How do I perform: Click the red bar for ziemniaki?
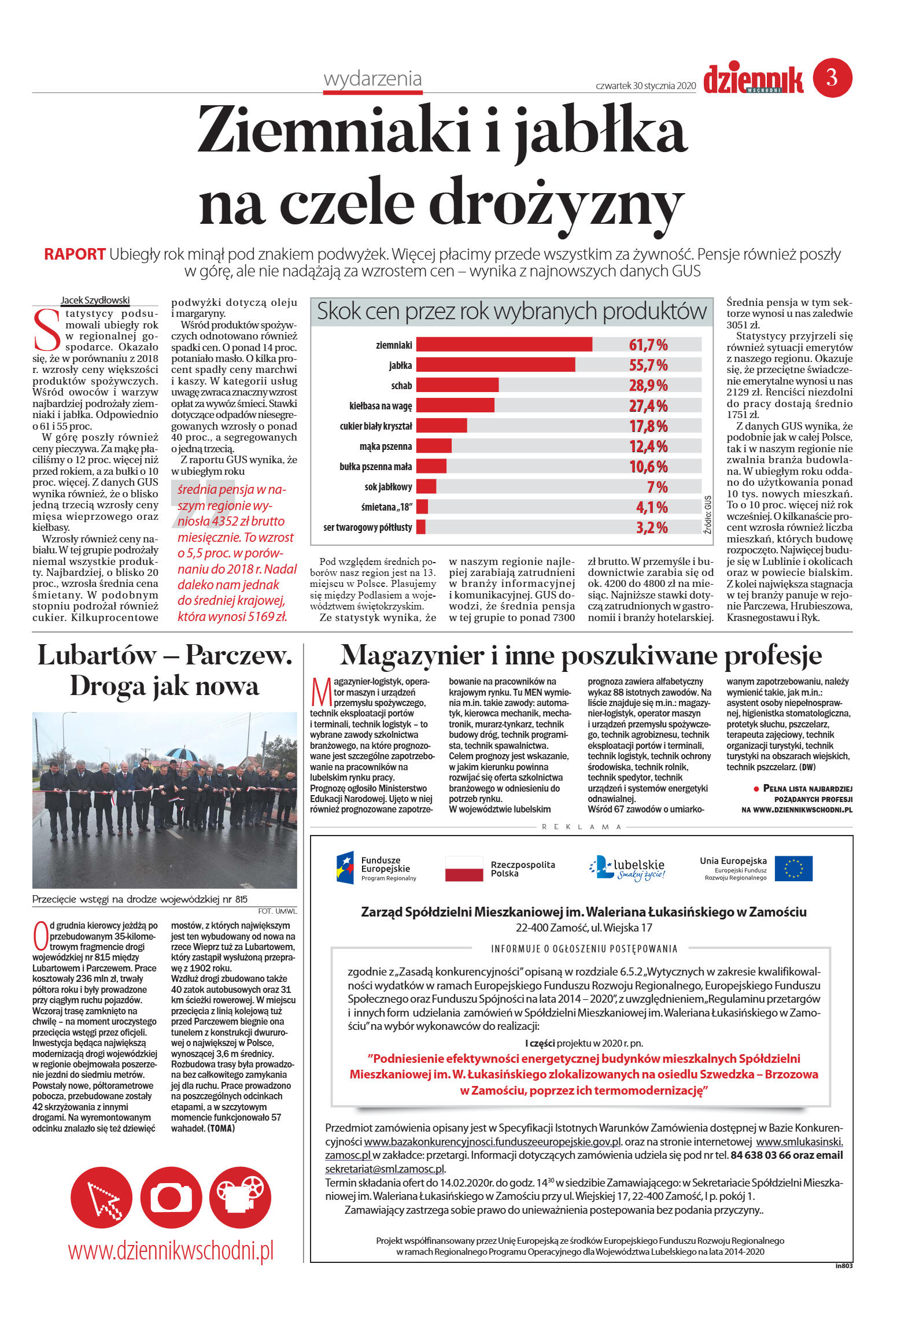click(x=504, y=345)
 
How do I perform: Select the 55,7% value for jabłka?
click(x=648, y=365)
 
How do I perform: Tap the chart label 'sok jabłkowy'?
click(x=388, y=487)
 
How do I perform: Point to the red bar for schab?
click(x=457, y=385)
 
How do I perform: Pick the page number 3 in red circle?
click(x=832, y=77)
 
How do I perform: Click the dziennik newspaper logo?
click(x=753, y=80)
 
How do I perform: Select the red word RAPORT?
click(x=75, y=254)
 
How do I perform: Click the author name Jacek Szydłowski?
click(x=95, y=300)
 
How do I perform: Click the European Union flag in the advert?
click(x=793, y=869)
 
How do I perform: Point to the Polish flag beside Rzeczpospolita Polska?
click(x=464, y=869)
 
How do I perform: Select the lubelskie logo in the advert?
click(x=627, y=869)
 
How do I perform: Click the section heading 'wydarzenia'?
click(x=372, y=79)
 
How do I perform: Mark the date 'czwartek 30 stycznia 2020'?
click(x=645, y=86)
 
